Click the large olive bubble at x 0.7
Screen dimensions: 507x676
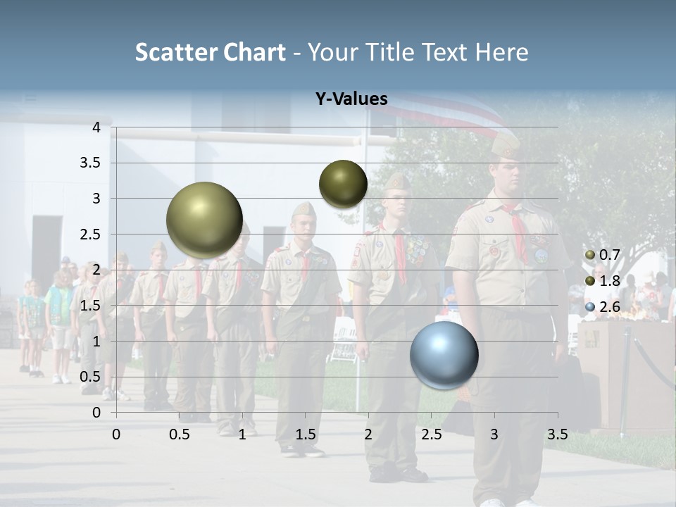click(x=204, y=220)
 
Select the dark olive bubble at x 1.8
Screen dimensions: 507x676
click(x=343, y=184)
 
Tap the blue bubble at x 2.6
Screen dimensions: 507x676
click(x=444, y=355)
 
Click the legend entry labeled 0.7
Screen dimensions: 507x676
click(x=603, y=254)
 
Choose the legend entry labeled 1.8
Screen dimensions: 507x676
click(x=603, y=280)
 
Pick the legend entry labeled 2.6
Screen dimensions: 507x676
click(x=603, y=306)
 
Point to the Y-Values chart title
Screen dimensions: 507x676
click(x=351, y=99)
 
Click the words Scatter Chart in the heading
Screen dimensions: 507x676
click(x=210, y=52)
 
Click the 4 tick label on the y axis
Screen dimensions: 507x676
click(x=96, y=127)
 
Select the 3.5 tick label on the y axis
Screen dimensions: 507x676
click(x=91, y=163)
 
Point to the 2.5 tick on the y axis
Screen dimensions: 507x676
click(x=91, y=234)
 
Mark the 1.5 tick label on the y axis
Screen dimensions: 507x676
click(x=91, y=306)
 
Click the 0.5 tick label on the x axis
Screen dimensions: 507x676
click(x=180, y=434)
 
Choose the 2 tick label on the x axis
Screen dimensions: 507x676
click(x=368, y=434)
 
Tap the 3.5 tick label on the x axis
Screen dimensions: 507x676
click(x=557, y=434)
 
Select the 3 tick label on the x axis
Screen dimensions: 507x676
click(x=494, y=434)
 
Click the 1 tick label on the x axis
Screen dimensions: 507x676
click(x=242, y=434)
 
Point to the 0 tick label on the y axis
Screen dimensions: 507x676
click(x=96, y=413)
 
